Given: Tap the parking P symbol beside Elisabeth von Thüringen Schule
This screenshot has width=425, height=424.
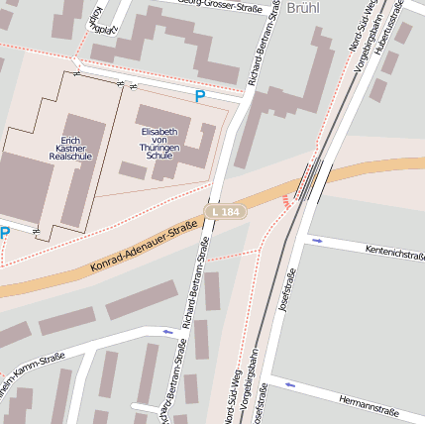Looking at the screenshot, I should point(200,97).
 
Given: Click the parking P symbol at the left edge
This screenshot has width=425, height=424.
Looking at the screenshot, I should point(5,234).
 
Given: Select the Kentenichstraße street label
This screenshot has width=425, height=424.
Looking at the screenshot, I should point(394,253).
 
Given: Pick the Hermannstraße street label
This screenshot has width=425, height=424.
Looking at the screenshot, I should point(368,406).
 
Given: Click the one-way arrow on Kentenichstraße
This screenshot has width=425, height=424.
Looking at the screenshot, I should point(317,241).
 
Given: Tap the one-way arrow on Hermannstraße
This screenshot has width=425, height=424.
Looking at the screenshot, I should point(289,384).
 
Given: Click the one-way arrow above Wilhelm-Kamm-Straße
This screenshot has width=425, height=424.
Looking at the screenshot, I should point(167,332).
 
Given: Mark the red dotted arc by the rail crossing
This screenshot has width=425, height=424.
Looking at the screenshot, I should point(286,201).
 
